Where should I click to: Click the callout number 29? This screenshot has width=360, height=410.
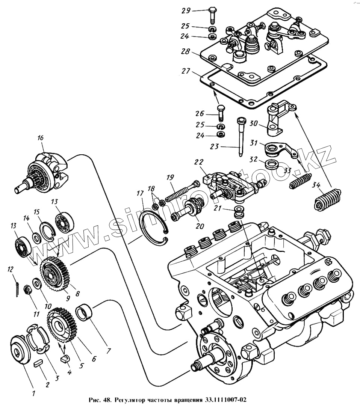point(186,11)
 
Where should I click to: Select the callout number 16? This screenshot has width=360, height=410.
point(41,137)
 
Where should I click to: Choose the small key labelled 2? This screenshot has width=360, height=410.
point(38,364)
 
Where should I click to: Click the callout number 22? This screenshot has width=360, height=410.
point(198,162)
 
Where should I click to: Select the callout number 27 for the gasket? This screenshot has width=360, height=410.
point(186,71)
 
